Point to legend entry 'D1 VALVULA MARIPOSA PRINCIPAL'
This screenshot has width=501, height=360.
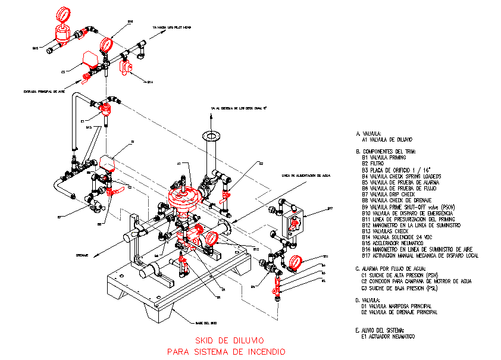[399, 306]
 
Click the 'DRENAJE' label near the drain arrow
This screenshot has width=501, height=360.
[82, 255]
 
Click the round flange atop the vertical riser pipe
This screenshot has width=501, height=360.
[210, 135]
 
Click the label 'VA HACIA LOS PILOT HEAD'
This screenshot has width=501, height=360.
[171, 27]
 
